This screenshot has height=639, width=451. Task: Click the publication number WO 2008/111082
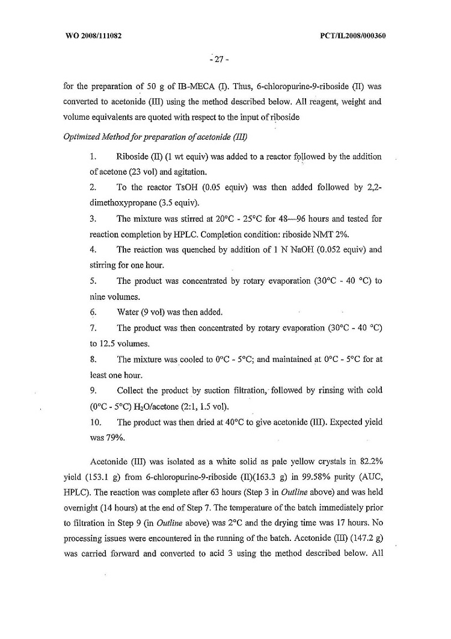93,35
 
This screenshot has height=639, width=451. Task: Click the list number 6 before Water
93,312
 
